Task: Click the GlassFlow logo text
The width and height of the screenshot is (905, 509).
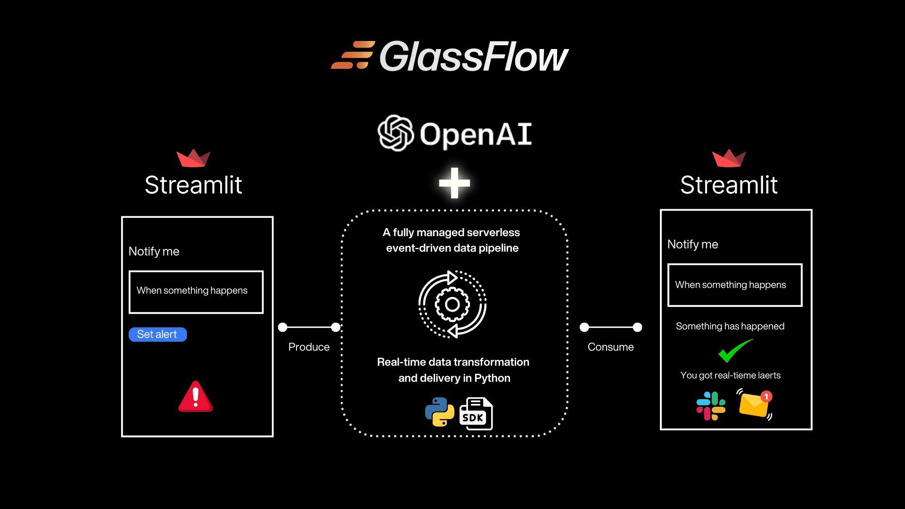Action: click(474, 57)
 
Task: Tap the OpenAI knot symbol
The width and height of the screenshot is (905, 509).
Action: click(395, 133)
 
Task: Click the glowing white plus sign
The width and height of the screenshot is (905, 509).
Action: click(454, 183)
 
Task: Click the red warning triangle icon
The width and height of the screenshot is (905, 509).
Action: click(196, 397)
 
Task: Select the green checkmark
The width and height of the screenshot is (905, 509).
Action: click(735, 351)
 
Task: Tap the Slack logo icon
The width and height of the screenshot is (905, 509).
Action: click(711, 406)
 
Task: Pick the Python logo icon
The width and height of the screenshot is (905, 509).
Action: click(439, 412)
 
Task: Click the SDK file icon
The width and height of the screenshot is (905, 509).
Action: click(476, 414)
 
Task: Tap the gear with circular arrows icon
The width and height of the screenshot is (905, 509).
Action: click(452, 304)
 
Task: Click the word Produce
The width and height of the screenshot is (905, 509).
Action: click(309, 347)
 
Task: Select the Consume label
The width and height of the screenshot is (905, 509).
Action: click(610, 347)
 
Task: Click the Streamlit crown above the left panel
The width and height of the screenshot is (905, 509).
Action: click(193, 158)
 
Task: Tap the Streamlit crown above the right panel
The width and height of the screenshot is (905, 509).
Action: click(729, 158)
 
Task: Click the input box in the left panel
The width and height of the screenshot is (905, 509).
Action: click(196, 292)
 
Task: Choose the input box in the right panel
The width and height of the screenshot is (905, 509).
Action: click(735, 285)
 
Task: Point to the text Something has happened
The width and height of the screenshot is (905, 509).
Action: click(730, 326)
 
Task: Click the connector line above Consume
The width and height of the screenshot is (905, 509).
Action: click(611, 327)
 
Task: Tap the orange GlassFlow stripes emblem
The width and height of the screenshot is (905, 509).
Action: click(353, 55)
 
